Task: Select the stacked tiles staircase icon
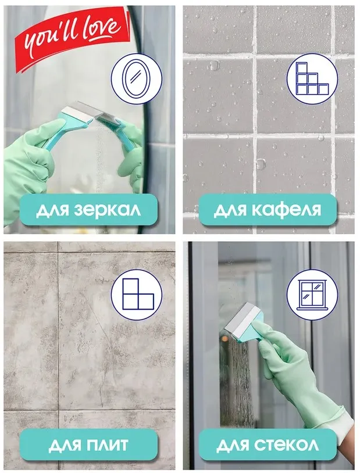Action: coord(312,78)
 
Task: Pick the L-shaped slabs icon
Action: coord(137,294)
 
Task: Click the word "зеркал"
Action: coord(107,210)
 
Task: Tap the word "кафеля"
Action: coord(286,210)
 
